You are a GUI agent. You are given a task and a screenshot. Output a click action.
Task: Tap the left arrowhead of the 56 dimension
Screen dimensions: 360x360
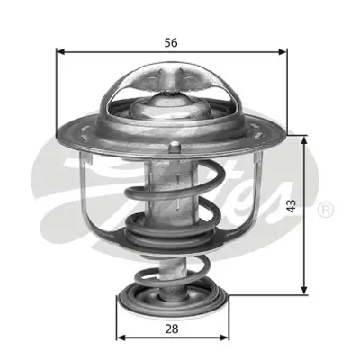[62, 52]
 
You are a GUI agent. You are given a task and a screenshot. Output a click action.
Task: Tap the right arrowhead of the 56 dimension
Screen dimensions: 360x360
[285, 52]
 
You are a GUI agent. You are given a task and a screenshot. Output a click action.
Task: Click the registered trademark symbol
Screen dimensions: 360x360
[326, 209]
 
